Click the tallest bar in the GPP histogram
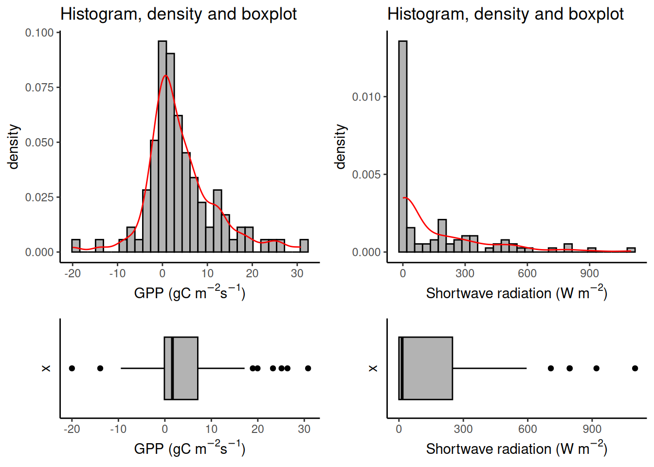162,146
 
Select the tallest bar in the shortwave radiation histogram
402,146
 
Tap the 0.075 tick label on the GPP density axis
39,88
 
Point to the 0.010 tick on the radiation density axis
366,97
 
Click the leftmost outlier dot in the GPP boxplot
72,368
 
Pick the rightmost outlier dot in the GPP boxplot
308,368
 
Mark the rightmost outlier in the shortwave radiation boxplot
635,368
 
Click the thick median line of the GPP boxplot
172,368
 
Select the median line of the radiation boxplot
402,368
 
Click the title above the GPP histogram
178,14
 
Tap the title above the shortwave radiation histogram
505,14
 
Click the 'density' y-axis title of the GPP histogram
14,146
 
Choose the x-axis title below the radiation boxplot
516,448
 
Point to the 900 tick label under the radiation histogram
589,273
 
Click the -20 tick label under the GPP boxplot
72,429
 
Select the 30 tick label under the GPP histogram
297,273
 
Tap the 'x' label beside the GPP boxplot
46,368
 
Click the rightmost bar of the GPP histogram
304,246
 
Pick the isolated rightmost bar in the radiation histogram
631,250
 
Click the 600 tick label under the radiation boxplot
527,429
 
